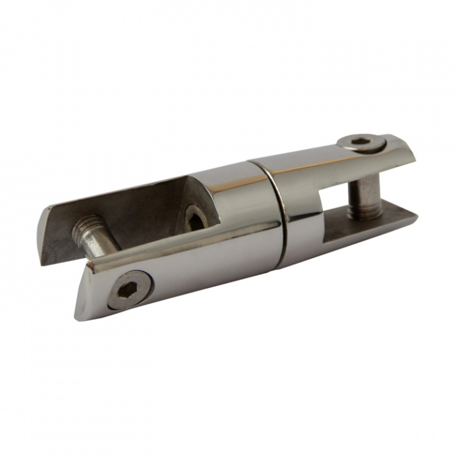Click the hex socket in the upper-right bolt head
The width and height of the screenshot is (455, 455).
point(362,144)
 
